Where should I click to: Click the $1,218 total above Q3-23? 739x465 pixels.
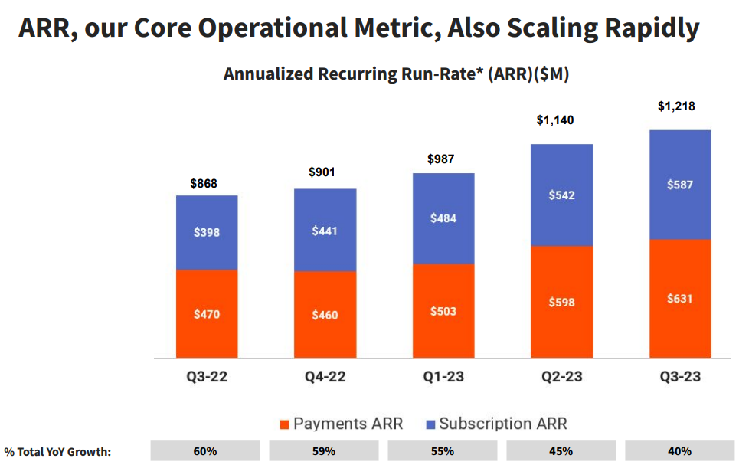(676, 106)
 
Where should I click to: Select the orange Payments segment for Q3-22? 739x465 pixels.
(207, 314)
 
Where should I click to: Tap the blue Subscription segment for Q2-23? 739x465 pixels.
(562, 195)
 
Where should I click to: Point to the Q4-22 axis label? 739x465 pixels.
(325, 377)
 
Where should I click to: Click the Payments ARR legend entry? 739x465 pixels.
(340, 424)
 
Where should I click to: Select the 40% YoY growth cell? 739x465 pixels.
(679, 451)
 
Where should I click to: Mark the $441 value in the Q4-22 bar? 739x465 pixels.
(325, 231)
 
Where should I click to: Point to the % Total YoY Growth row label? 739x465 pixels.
(57, 451)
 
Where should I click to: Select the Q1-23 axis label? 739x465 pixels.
(443, 377)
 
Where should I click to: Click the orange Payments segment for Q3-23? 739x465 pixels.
(679, 299)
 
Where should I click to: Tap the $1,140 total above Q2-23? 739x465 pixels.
(562, 120)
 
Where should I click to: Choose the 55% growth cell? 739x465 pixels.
(443, 451)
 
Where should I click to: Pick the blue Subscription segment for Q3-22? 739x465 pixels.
(207, 232)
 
